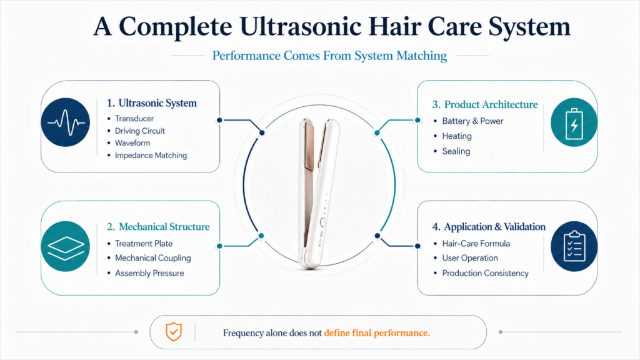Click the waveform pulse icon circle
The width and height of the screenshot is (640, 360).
pyautogui.click(x=65, y=122)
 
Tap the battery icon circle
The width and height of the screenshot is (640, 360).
pyautogui.click(x=574, y=122)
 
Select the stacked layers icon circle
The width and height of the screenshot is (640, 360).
pyautogui.click(x=65, y=246)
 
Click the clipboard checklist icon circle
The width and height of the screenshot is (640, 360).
pyautogui.click(x=574, y=246)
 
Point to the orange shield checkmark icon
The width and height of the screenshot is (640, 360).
pyautogui.click(x=174, y=331)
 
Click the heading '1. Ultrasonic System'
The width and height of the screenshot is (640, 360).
pyautogui.click(x=151, y=103)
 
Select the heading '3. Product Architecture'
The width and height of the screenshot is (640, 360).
pyautogui.click(x=485, y=104)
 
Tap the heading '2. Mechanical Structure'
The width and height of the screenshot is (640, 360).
pyautogui.click(x=158, y=226)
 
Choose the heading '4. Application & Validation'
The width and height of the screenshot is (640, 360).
pyautogui.click(x=489, y=226)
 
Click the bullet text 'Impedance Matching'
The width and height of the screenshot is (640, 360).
pyautogui.click(x=151, y=156)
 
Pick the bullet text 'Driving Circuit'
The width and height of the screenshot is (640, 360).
pyautogui.click(x=139, y=131)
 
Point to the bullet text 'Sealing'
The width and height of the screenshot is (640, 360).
pyautogui.click(x=456, y=151)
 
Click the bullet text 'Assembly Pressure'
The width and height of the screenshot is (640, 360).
pyautogui.click(x=149, y=273)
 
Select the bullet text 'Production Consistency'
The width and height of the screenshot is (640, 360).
pyautogui.click(x=485, y=273)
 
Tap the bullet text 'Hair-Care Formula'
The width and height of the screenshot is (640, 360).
pyautogui.click(x=476, y=244)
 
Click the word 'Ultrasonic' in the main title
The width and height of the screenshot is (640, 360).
pyautogui.click(x=301, y=27)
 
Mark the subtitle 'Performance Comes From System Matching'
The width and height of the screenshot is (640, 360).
pyautogui.click(x=329, y=56)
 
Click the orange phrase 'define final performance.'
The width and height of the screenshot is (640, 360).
pyautogui.click(x=377, y=333)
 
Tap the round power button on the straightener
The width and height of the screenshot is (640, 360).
pyautogui.click(x=323, y=222)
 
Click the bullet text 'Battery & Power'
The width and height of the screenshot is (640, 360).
pyautogui.click(x=472, y=121)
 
